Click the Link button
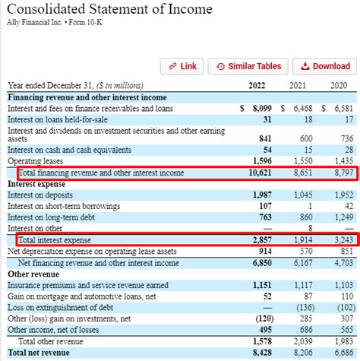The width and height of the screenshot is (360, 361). coord(182,66)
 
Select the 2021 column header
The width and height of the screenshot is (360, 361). coord(302,86)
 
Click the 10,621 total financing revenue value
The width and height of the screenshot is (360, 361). coord(259,173)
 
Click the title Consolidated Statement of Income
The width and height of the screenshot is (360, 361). coord(111,12)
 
